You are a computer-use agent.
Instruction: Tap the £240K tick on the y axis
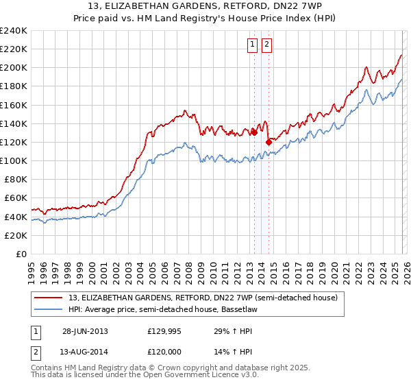tap(14, 31)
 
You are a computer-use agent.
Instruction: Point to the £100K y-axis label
tap(14, 160)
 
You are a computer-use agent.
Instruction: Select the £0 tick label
tap(21, 254)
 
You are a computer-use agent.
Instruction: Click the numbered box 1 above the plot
tap(252, 45)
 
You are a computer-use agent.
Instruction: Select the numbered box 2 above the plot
tap(266, 45)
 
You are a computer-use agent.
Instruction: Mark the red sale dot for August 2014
tap(269, 142)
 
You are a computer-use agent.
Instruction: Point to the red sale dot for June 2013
tap(254, 132)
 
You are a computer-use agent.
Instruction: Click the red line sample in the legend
tap(49, 298)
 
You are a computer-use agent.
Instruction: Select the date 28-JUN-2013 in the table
tap(85, 331)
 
